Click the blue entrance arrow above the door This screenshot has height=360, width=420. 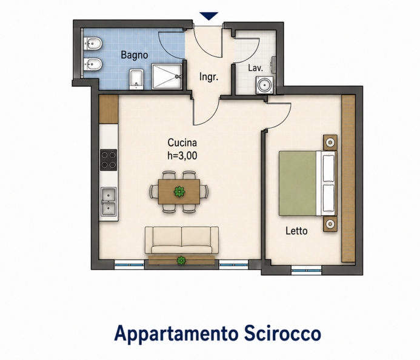click(209, 16)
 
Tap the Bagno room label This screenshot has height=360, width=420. click(135, 55)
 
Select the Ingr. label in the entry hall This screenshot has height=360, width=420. click(208, 77)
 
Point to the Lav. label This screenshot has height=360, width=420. click(255, 68)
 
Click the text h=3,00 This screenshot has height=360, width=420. click(182, 156)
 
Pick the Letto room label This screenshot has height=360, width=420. click(296, 231)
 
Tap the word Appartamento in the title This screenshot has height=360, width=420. click(176, 334)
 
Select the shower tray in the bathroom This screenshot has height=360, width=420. click(167, 76)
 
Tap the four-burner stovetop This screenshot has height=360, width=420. click(108, 160)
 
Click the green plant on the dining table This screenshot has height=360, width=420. click(179, 192)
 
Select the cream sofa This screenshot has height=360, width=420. click(182, 240)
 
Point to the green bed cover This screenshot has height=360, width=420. click(298, 183)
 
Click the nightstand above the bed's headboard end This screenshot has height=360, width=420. click(330, 142)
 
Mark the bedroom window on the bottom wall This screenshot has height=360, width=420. click(306, 270)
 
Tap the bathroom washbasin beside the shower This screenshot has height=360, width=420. click(136, 79)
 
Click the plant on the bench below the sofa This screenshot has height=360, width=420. click(181, 261)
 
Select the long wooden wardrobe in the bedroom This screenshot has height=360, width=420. click(348, 178)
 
